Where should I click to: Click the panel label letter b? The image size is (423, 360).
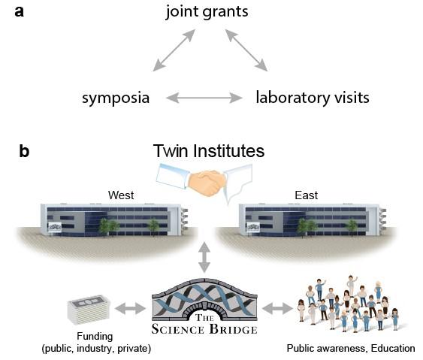24,152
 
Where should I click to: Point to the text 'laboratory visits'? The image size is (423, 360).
312,98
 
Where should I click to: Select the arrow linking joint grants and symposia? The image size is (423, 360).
171,51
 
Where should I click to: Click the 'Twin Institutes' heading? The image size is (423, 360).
208,151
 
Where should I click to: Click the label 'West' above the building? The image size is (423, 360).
120,195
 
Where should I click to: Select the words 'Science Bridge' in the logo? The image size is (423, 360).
205,328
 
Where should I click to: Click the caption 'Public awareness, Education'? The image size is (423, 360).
350,349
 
